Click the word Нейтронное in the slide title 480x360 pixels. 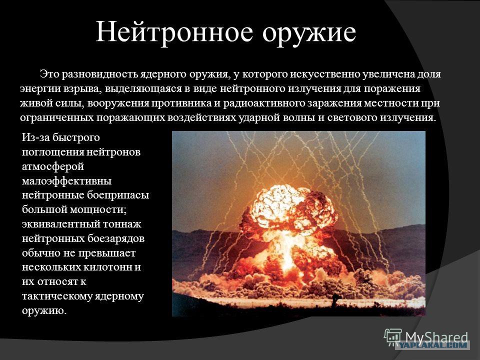pos(174,32)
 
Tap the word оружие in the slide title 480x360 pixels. pos(309,33)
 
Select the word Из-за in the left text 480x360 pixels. pos(35,137)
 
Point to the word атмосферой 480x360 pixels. pos(53,167)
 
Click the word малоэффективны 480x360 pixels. pos(66,181)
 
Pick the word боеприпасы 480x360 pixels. pos(118,195)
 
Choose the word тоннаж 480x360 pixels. pos(122,224)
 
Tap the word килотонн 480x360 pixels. pos(107,267)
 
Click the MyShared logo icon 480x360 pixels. pos(393,337)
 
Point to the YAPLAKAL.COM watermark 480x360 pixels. pos(432,345)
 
